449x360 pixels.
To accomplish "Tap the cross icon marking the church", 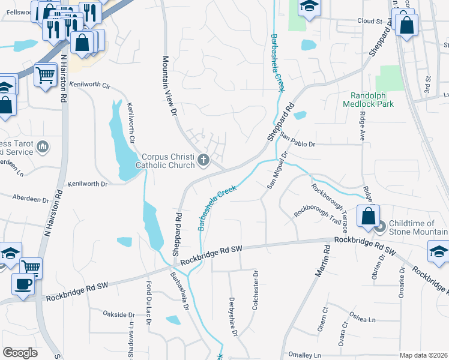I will pos(204,160).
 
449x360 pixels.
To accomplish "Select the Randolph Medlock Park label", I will pos(372,99).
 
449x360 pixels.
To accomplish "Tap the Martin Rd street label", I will pos(321,260).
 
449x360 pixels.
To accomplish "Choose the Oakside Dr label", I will pos(118,314).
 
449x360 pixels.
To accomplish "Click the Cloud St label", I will pos(370,21).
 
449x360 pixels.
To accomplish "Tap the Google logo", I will pos(20,353).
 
